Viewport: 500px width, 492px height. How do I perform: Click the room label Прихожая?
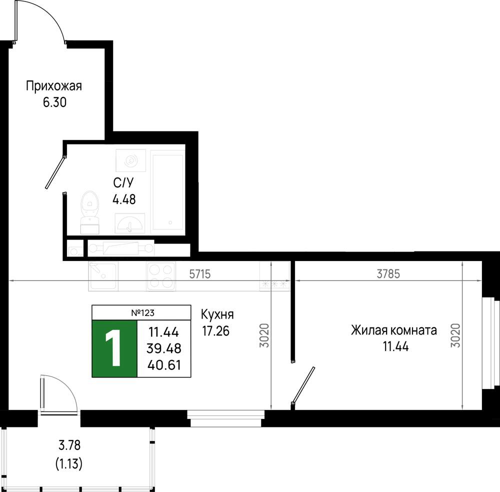click(54, 86)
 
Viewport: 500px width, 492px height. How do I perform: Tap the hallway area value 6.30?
click(54, 102)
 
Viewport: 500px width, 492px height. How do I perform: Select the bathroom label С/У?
click(123, 182)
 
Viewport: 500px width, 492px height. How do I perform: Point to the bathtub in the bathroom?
click(167, 190)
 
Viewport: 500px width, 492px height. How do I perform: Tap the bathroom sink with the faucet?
click(130, 223)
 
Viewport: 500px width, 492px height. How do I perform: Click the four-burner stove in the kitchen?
click(161, 276)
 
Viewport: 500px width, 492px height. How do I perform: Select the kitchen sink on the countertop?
click(103, 276)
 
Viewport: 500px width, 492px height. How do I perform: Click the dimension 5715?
click(199, 274)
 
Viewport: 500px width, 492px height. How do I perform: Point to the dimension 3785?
click(388, 274)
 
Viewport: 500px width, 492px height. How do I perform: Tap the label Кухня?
click(217, 314)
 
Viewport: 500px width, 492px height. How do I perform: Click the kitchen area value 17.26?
click(215, 331)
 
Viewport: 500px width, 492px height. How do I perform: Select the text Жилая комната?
click(394, 330)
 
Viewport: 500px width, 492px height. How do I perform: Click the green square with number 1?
click(114, 348)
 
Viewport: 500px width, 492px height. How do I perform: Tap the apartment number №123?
click(142, 313)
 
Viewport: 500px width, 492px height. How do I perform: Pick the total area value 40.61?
click(164, 365)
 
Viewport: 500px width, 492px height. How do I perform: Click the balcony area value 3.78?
click(69, 445)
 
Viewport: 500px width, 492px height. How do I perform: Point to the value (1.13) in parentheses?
click(69, 463)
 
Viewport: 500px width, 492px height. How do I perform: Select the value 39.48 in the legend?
click(164, 348)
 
